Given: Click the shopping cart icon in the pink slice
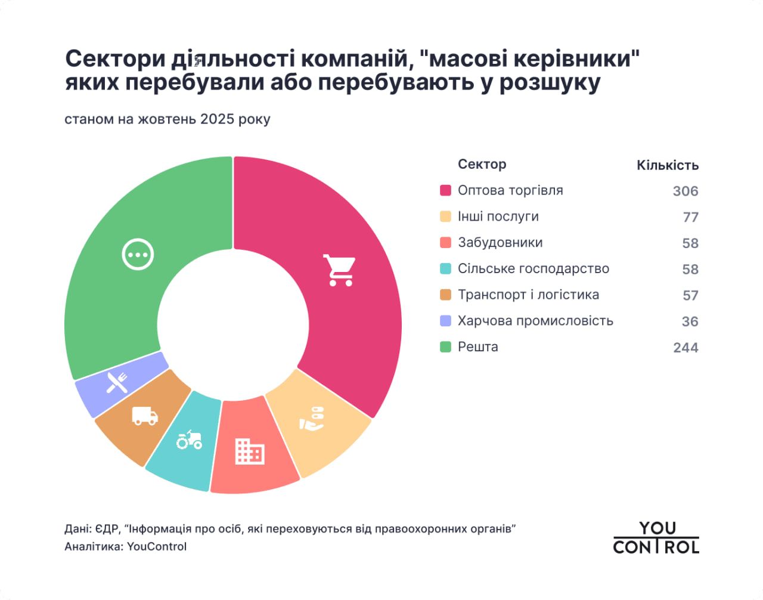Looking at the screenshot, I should tap(339, 270).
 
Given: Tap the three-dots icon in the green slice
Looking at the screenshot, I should tap(138, 255).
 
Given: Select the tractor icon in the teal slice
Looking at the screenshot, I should tap(189, 440).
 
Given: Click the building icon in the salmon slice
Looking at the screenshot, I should tap(250, 451).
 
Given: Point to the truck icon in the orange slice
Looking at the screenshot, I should tap(145, 416).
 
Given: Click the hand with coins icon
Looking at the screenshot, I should tap(312, 419).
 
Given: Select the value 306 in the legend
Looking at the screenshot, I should tap(685, 191).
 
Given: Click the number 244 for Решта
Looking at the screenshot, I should tap(685, 347).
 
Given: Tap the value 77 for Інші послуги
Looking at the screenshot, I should tap(690, 217).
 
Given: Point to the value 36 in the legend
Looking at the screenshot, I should tap(690, 321).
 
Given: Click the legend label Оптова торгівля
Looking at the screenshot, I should tap(510, 190).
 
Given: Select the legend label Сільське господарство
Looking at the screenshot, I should tap(533, 268).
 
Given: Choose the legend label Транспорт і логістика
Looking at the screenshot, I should tap(528, 295).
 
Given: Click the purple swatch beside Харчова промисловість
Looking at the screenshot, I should tap(445, 321).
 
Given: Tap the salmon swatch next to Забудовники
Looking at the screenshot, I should tap(445, 243).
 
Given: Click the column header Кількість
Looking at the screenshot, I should tap(667, 165).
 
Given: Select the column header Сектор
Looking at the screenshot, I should tap(482, 164).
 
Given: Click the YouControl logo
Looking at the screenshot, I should tap(656, 537).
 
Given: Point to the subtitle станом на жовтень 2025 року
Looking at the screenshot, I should tap(167, 119).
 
